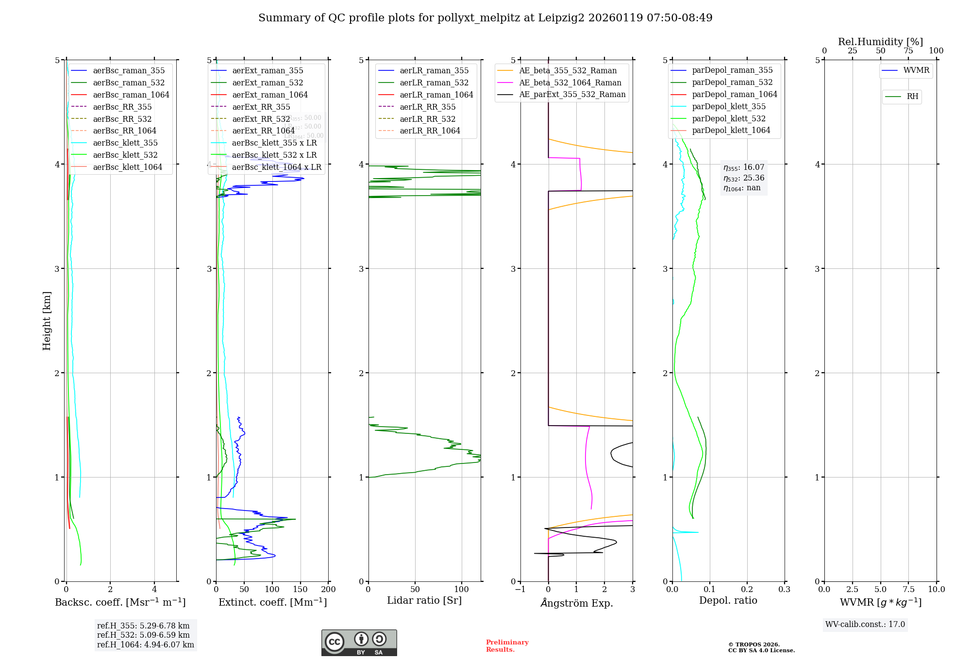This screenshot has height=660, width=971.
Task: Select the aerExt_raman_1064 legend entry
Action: [269, 95]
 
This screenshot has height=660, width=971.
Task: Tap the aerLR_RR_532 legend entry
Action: [427, 119]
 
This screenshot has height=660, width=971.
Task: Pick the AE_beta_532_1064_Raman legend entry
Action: [570, 82]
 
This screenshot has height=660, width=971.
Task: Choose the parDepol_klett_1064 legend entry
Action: [731, 130]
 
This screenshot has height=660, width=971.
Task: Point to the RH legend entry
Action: [912, 97]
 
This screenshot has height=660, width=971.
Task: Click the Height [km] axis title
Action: [47, 320]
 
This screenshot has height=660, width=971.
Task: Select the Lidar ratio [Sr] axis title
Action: [424, 600]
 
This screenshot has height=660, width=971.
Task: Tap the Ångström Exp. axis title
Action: [577, 603]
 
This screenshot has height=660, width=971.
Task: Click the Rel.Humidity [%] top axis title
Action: [880, 42]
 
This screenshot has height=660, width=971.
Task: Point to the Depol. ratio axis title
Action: [728, 600]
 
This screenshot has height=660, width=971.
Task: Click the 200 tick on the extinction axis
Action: [329, 590]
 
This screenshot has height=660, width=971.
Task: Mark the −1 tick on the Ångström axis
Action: [520, 590]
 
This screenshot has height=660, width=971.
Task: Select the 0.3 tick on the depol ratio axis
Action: [785, 590]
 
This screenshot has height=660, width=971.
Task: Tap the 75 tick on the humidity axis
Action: [908, 51]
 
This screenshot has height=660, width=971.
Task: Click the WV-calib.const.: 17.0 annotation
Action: [865, 624]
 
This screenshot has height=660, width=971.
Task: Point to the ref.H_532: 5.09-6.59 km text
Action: [143, 635]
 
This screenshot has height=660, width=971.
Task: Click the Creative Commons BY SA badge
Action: [359, 643]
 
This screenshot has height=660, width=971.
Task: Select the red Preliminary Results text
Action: [507, 645]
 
